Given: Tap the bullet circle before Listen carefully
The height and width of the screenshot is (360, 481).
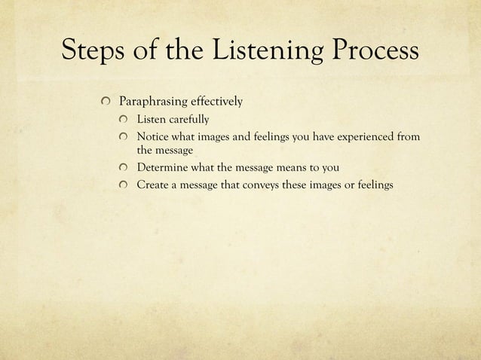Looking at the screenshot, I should tap(124, 120).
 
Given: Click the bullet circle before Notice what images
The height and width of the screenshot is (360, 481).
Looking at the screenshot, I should tap(124, 138).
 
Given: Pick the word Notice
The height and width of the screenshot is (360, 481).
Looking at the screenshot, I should tap(152, 138).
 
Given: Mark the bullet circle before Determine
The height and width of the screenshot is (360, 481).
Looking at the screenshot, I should tap(124, 168).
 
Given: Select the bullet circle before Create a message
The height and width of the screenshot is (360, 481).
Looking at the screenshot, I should tap(124, 186).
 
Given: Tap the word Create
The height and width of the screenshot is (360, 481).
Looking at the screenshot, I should tap(152, 186).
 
